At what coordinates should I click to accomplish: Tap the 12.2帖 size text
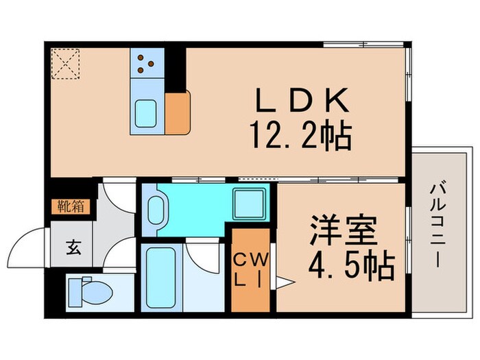[x=302, y=137]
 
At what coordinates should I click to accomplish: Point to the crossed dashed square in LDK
[x=65, y=62]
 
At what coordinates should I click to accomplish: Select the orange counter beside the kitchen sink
[x=178, y=112]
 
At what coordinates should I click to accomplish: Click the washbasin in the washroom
[x=157, y=208]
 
